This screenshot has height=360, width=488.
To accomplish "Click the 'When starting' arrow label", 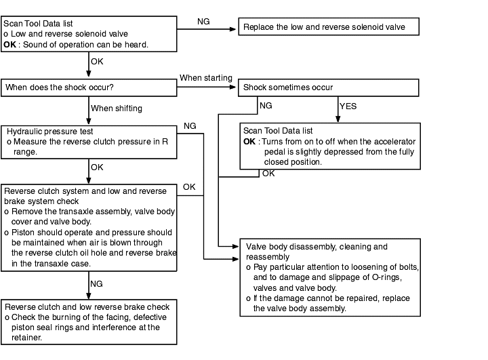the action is [206, 78].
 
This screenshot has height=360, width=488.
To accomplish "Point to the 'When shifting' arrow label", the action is [117, 108].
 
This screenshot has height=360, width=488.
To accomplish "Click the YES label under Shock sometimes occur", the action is [348, 106].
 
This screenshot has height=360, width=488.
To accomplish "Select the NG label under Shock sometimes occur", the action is [266, 106].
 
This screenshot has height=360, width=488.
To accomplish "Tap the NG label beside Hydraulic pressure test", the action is [190, 126].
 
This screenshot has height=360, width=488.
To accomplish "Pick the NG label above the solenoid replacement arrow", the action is [203, 22].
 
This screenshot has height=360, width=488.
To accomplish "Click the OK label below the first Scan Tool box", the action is [97, 61].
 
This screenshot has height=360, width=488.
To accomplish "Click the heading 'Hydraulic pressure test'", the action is [49, 132].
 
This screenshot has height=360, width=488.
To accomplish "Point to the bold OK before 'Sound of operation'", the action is [9, 45].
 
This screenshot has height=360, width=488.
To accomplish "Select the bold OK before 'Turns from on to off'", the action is [249, 142].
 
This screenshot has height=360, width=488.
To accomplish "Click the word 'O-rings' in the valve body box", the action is [387, 277].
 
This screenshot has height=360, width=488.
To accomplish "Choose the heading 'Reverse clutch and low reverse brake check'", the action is [87, 307].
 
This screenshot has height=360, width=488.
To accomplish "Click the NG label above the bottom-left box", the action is [96, 283].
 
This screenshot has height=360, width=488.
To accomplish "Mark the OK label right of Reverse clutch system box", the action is [189, 187].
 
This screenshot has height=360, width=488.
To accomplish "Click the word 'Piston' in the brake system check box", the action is [21, 233].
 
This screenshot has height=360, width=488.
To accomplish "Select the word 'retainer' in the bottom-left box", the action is [26, 338].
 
